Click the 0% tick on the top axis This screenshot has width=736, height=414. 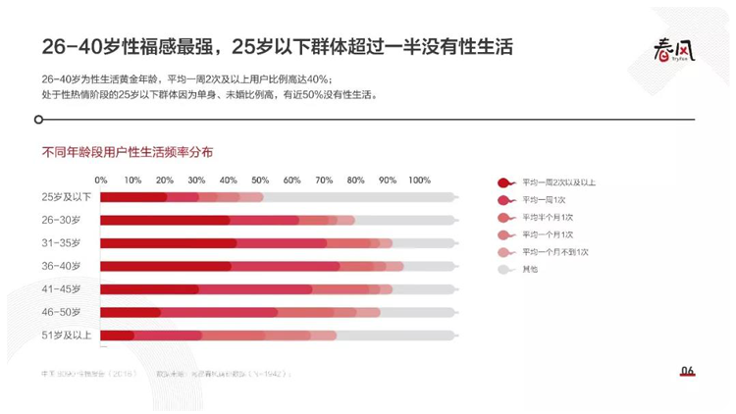pos(101,181)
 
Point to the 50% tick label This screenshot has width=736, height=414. pos(259,181)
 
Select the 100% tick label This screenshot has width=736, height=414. pos(419,181)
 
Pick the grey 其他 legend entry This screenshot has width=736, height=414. pos(531,268)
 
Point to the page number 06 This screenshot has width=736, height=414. pos(687,371)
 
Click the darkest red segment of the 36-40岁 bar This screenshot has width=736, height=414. pos(166,266)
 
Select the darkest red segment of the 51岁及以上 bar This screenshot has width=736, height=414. pos(117,335)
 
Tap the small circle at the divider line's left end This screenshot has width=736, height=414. pos(38,120)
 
